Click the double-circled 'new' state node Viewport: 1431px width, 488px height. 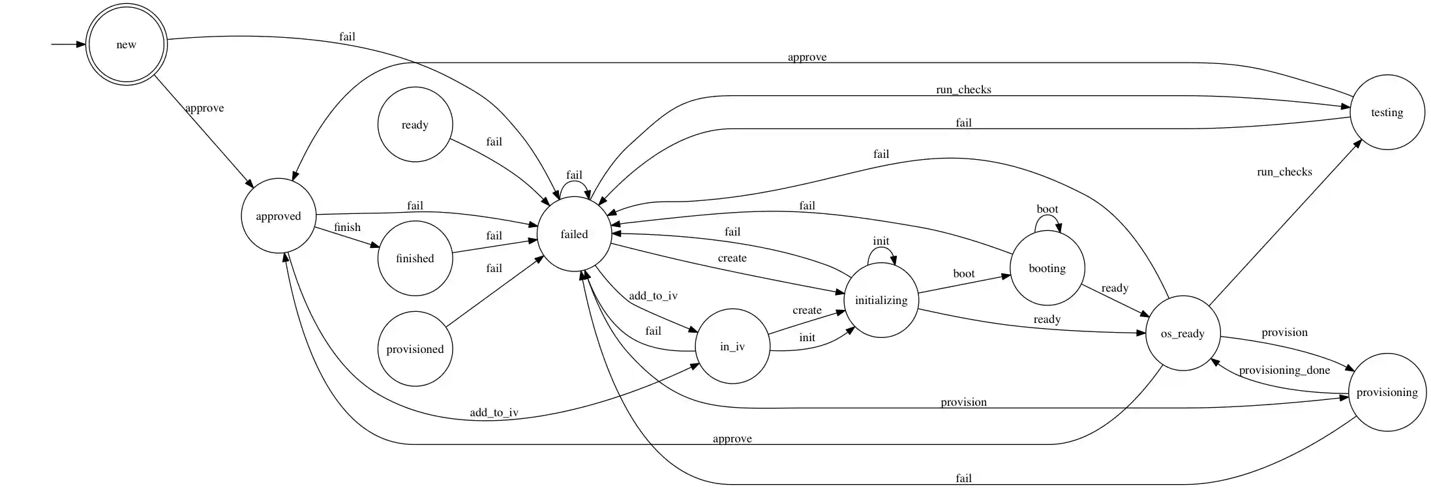(127, 44)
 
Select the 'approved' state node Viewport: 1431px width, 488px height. (279, 216)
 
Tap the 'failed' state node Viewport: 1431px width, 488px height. (574, 234)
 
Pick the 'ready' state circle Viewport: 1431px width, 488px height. (415, 125)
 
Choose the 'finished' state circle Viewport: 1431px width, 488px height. (415, 258)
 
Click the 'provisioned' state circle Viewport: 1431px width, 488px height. (415, 349)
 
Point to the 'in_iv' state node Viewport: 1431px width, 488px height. (732, 346)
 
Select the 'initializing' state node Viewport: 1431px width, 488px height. (881, 300)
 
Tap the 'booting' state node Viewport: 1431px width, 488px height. (1047, 268)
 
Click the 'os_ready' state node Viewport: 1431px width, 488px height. (1182, 333)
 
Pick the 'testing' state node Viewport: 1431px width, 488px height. (1387, 112)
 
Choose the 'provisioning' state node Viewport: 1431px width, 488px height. (1387, 392)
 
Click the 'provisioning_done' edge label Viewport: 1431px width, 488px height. (1284, 370)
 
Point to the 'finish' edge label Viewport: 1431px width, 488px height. (347, 227)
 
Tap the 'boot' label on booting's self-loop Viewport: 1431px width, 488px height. (1047, 209)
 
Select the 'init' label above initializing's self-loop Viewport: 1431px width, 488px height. (881, 241)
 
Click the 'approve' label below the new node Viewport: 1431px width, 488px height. (204, 108)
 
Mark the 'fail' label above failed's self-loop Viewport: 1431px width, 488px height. (574, 175)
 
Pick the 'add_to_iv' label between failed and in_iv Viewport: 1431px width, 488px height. (653, 296)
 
